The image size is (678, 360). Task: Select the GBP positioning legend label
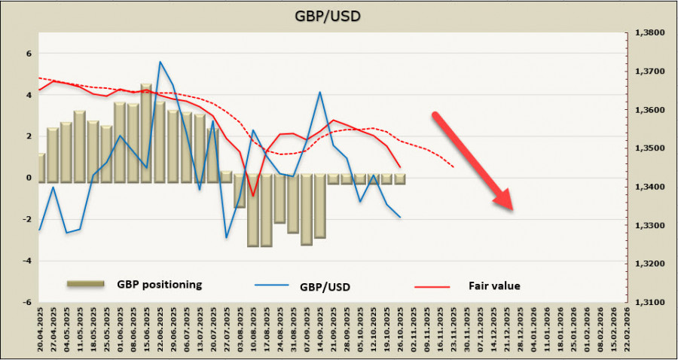coord(159,285)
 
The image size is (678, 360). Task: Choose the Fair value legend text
coord(495,285)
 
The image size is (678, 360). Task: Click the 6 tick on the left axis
coord(28,54)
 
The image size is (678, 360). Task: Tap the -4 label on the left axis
coord(26,261)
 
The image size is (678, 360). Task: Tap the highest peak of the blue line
coord(160,62)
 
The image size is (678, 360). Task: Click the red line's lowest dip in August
coord(253,195)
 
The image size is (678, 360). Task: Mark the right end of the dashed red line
coord(454,167)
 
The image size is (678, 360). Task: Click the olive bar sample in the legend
coord(84,284)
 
